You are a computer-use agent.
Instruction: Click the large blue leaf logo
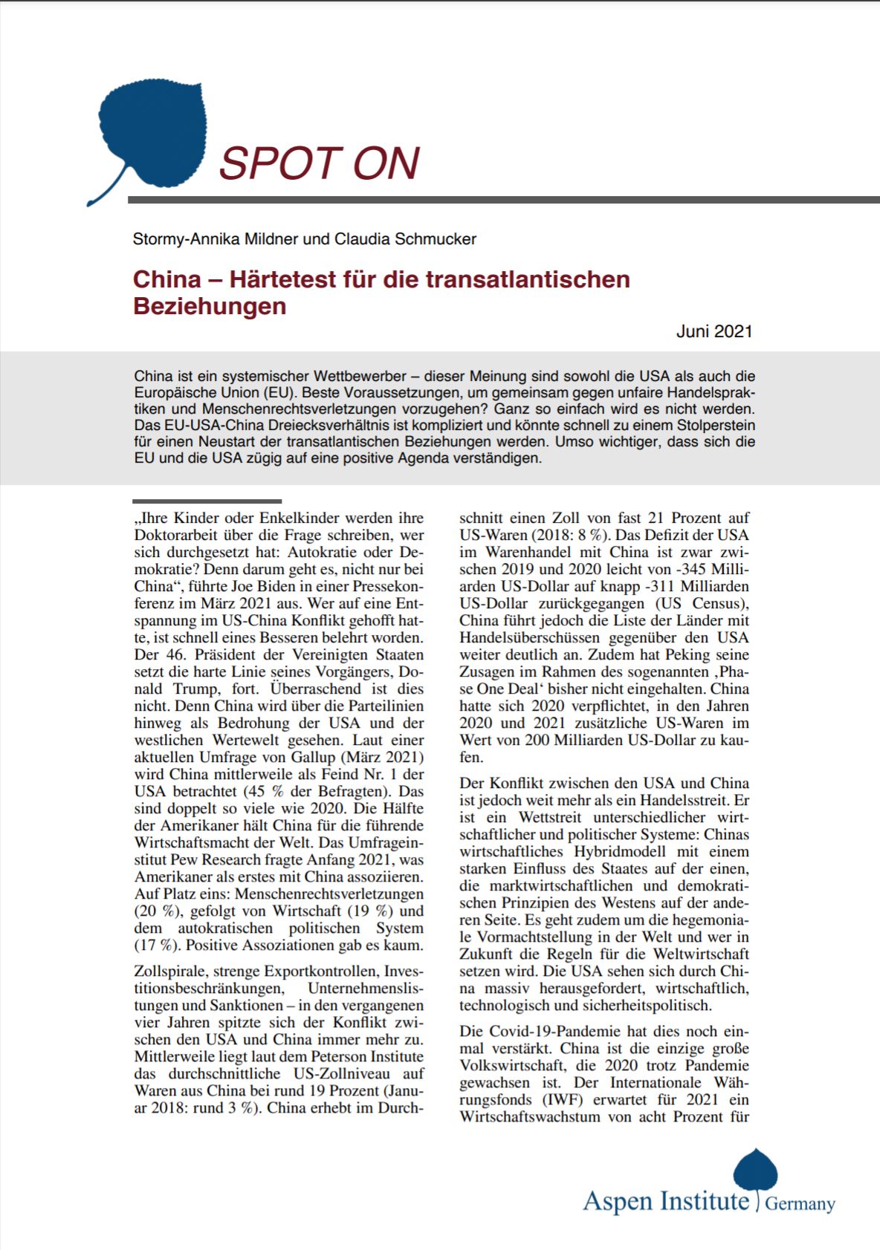point(152,137)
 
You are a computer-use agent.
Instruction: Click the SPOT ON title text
point(320,163)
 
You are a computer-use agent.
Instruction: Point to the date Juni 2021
point(714,331)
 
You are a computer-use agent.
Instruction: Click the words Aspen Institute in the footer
point(666,1201)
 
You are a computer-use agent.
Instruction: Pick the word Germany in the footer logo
point(800,1204)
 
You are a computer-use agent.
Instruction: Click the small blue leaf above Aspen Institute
point(755,1169)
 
